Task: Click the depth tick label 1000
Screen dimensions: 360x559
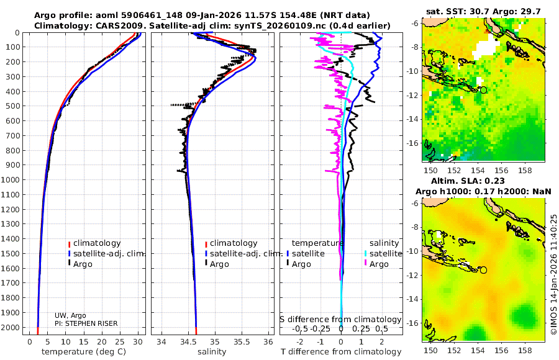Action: (12, 180)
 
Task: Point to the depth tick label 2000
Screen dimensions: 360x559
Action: (12, 328)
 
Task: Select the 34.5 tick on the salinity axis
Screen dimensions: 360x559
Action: (188, 341)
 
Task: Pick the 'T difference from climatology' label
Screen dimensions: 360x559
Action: (340, 352)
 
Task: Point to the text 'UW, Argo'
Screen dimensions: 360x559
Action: (70, 315)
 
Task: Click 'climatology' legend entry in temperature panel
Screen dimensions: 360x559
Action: (97, 243)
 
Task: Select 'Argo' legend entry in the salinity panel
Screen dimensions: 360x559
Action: (219, 264)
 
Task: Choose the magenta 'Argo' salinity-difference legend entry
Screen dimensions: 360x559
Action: (379, 264)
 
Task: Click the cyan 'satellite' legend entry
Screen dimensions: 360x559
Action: (386, 253)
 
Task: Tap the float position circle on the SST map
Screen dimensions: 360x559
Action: (483, 90)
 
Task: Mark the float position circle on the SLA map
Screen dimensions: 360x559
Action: (483, 270)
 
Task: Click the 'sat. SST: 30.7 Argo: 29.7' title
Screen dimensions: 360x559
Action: (484, 11)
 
